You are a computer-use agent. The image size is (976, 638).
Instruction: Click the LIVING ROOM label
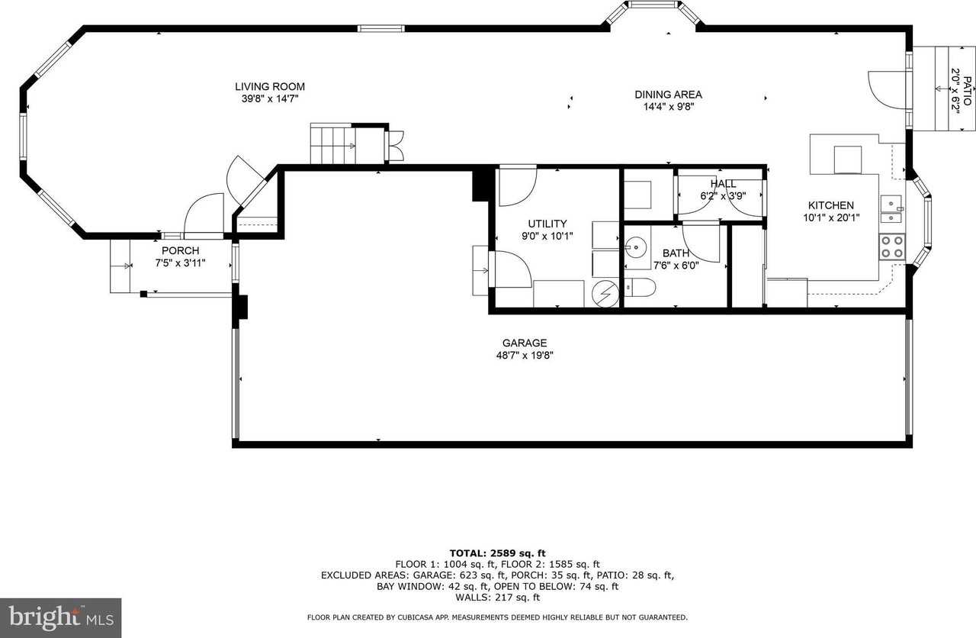click(x=269, y=86)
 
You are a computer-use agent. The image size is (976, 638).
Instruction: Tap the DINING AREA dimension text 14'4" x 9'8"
click(x=668, y=107)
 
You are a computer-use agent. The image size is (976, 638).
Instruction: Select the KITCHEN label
click(x=830, y=205)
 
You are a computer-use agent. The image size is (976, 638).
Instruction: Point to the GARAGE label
click(x=524, y=343)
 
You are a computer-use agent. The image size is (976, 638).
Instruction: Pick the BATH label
click(x=675, y=253)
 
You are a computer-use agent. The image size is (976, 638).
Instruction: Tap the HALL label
click(x=723, y=184)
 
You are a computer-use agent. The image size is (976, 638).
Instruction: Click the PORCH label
click(x=180, y=251)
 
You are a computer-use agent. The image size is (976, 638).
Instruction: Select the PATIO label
click(x=967, y=90)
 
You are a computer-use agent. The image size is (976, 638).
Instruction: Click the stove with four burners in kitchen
click(x=891, y=246)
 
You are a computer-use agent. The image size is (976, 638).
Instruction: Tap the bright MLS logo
click(x=60, y=616)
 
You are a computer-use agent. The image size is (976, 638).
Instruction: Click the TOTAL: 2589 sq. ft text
click(x=498, y=553)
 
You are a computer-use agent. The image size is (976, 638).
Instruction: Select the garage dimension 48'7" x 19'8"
click(x=524, y=355)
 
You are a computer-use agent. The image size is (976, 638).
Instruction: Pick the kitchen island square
click(x=848, y=159)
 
